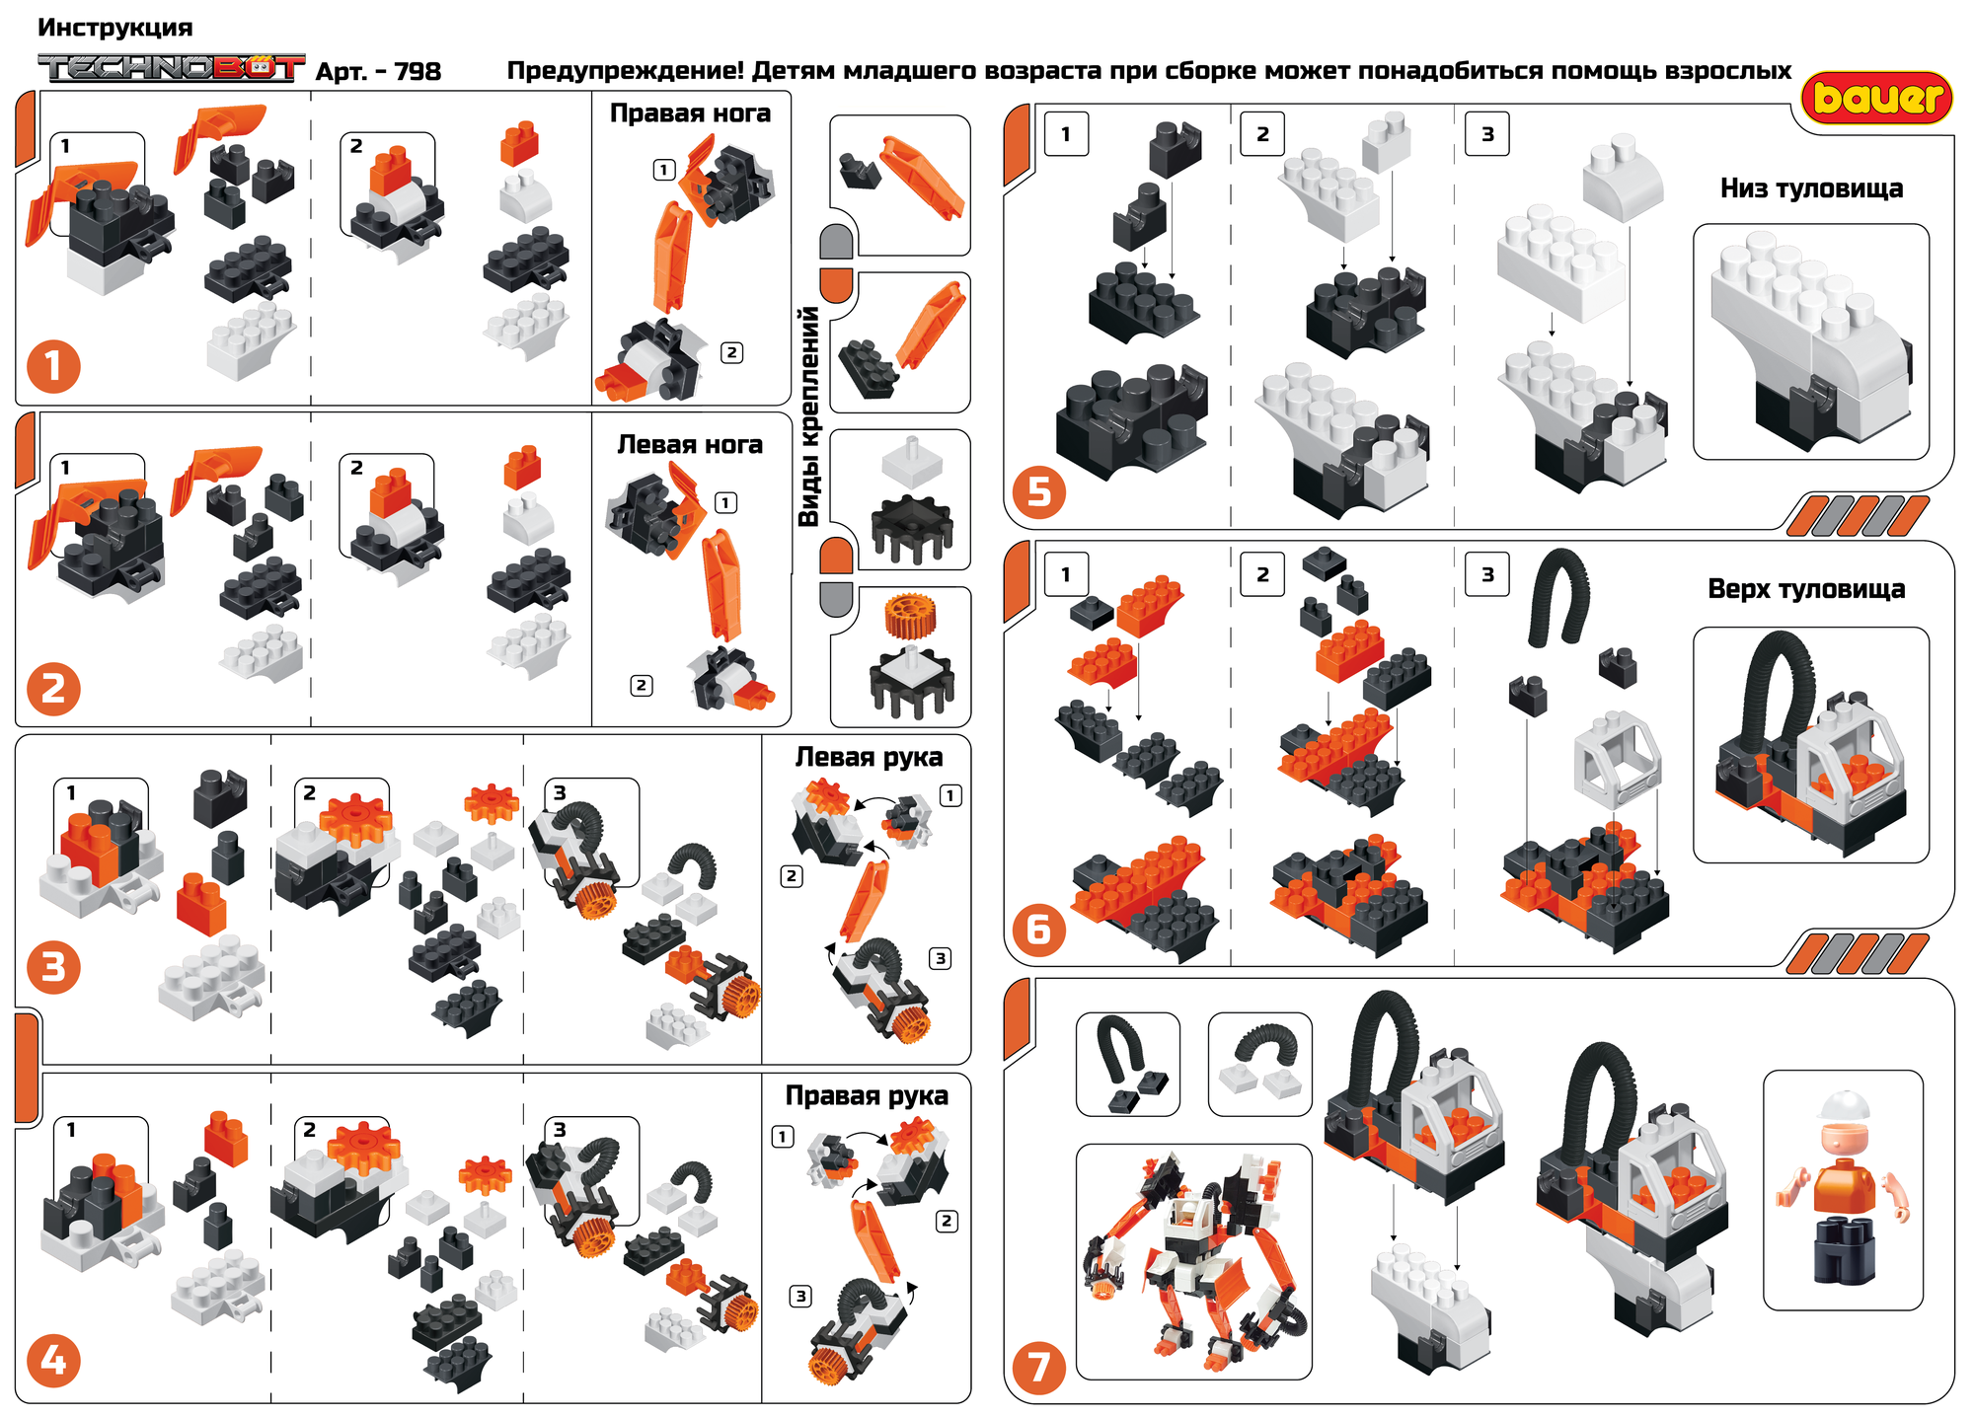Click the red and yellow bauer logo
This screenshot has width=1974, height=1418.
(x=1876, y=98)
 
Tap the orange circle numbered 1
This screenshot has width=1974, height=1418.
(x=53, y=367)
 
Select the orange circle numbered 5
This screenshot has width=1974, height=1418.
(x=1039, y=491)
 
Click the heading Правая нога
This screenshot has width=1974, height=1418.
(x=690, y=113)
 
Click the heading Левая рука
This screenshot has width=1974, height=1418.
(x=869, y=758)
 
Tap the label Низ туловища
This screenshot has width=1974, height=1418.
(x=1811, y=188)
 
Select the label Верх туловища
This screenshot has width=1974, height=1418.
(x=1806, y=589)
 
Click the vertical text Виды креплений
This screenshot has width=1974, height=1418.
(x=809, y=415)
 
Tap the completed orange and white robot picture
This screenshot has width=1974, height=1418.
(x=1194, y=1263)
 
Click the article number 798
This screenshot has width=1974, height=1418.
(x=418, y=71)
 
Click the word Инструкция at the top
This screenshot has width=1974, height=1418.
(x=115, y=28)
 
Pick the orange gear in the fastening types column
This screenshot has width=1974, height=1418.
(x=909, y=615)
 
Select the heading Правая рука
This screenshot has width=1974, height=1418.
(x=867, y=1096)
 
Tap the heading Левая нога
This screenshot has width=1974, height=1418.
(x=690, y=445)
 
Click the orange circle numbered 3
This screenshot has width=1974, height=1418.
(x=53, y=967)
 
